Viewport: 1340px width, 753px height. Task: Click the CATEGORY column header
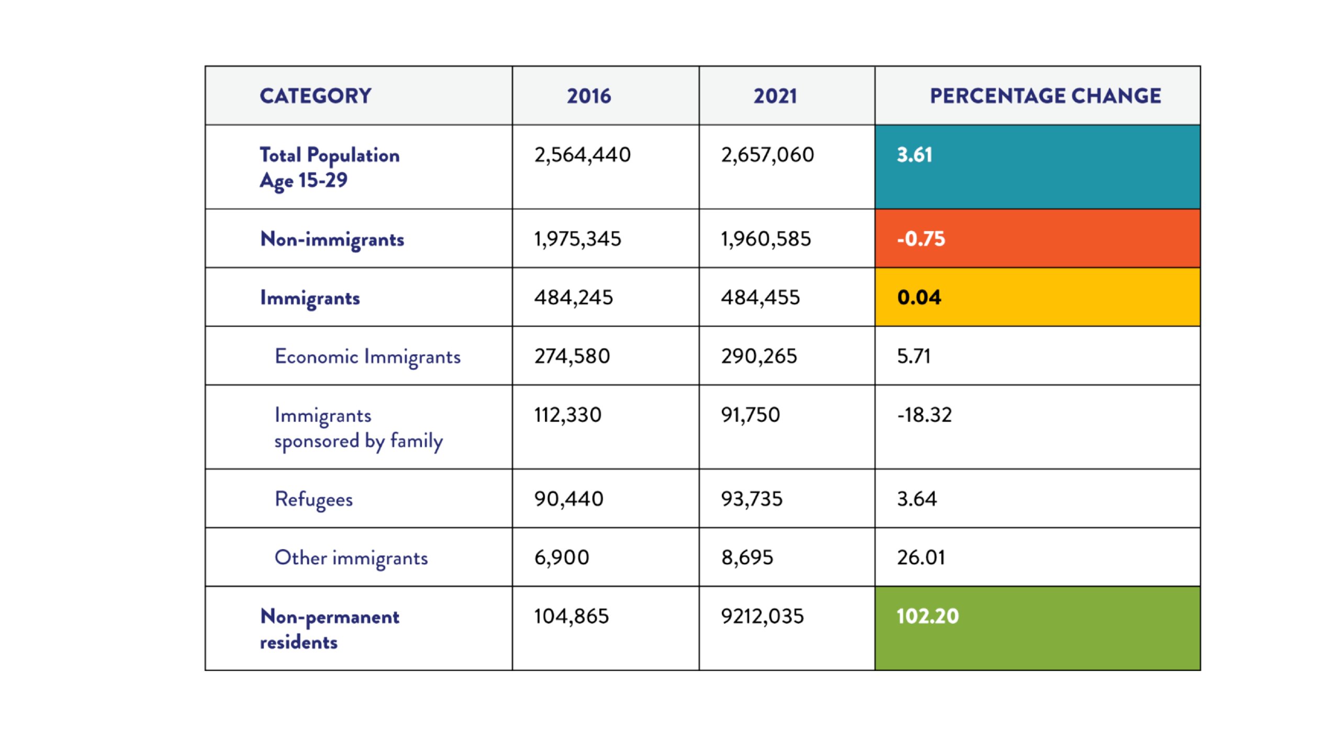316,96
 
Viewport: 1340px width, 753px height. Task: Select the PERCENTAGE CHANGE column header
1045,96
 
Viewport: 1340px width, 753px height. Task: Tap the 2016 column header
589,96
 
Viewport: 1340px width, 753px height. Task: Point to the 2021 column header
775,96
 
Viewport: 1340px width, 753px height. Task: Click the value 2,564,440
582,155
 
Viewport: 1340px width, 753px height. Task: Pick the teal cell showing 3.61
1037,167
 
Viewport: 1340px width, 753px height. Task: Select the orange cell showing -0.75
1037,238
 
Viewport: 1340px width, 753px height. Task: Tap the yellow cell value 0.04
919,298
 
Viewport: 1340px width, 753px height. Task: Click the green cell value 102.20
928,617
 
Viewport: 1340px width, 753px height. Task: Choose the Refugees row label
314,500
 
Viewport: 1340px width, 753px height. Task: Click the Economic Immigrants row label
367,357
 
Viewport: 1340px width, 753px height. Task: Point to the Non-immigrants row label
332,239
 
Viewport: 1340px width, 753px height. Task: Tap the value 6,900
562,558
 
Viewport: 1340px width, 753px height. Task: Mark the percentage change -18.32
924,415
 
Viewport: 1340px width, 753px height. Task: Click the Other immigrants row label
351,558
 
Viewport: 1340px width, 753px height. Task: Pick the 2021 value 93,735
752,499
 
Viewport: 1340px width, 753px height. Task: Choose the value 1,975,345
577,239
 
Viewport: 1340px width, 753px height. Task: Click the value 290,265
759,357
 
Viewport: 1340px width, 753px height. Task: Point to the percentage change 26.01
921,558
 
